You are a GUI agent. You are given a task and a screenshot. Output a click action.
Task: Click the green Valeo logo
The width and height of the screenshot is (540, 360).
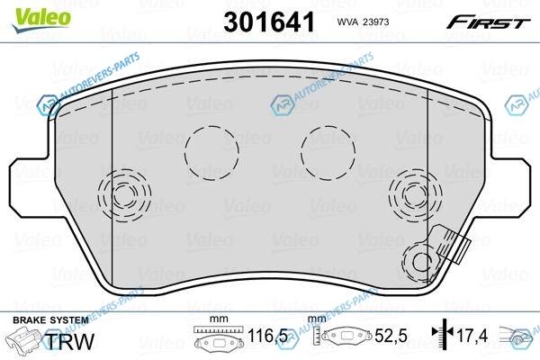41,20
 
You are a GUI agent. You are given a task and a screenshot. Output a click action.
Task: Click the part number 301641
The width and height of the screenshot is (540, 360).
269,22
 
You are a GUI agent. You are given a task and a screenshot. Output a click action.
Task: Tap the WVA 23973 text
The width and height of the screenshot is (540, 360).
363,22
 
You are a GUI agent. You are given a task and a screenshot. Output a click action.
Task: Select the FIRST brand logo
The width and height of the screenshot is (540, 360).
488,22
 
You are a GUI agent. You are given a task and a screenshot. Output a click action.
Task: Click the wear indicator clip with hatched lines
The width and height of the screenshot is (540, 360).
453,244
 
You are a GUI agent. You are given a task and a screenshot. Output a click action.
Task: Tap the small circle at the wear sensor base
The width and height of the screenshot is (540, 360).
421,263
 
